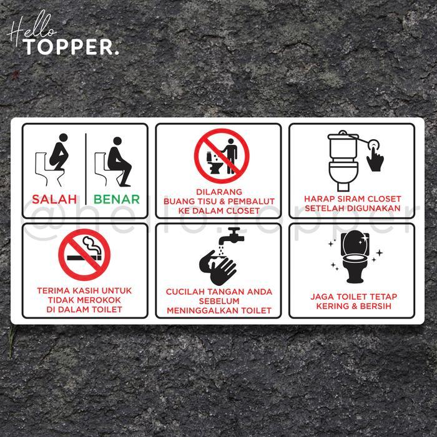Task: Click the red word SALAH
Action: (54, 200)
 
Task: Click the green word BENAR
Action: (117, 200)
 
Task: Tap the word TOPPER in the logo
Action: (71, 47)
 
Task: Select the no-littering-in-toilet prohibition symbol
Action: (222, 156)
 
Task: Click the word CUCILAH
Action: (185, 292)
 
